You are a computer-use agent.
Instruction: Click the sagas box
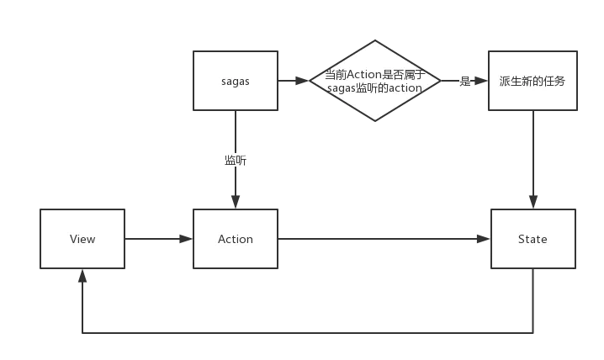pos(236,81)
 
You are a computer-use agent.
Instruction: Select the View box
pos(82,239)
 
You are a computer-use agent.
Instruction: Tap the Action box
pos(236,239)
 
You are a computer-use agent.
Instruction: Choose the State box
pos(532,239)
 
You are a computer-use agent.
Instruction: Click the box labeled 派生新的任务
pos(532,81)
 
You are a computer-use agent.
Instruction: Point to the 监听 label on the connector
pos(235,160)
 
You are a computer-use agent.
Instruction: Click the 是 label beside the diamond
pos(464,81)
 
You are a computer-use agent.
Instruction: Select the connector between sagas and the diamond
pos(295,81)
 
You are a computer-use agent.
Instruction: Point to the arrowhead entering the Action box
pos(182,239)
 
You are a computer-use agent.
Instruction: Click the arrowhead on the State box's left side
pos(479,239)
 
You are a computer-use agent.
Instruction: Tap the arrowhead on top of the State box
pos(532,202)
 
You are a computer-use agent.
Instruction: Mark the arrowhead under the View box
pos(81,275)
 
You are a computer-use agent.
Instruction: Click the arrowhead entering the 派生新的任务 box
pos(479,81)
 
